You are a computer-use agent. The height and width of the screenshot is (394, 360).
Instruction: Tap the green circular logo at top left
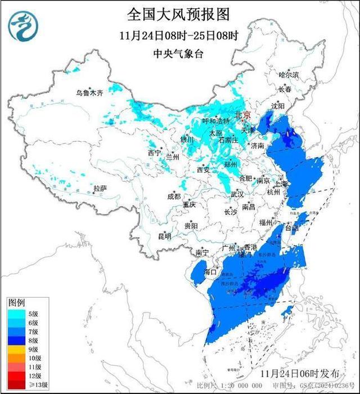click(23, 25)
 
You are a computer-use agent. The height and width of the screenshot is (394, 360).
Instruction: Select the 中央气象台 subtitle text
click(179, 53)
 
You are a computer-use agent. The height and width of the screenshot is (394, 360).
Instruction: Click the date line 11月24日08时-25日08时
click(179, 35)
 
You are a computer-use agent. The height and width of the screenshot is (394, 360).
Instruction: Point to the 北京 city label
click(243, 114)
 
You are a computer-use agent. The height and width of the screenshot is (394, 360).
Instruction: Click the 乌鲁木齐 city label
click(91, 93)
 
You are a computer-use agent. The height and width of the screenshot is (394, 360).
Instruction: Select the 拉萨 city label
click(100, 189)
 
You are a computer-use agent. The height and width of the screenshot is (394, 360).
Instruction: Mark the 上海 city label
click(280, 184)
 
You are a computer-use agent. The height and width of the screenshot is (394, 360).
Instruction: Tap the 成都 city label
click(174, 196)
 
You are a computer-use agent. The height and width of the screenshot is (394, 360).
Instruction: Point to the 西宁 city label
click(154, 153)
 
